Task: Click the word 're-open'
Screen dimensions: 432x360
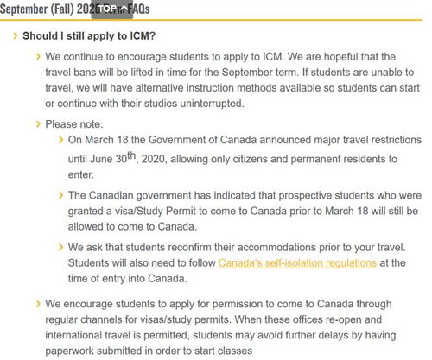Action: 306,319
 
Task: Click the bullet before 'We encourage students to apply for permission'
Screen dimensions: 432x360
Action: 37,303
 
